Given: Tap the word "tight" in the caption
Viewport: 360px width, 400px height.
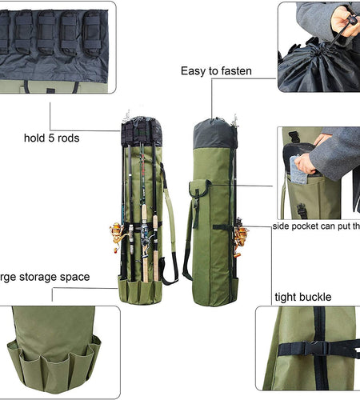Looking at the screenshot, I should click(286, 297).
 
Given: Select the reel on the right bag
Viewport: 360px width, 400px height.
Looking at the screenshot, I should click(239, 235).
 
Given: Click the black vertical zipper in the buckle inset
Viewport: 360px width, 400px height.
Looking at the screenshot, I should click(316, 376).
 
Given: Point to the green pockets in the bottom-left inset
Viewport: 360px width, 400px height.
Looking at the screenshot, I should click(52, 360).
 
